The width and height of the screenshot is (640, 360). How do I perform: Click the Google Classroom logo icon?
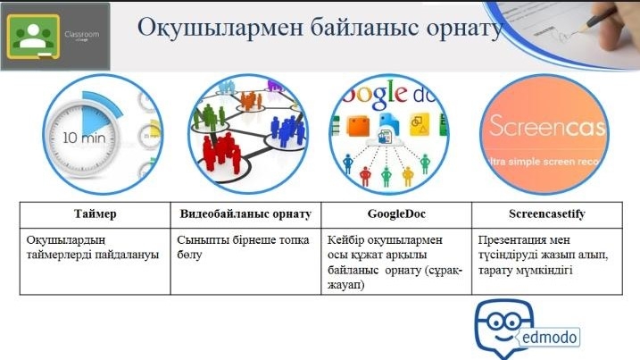point(33,37)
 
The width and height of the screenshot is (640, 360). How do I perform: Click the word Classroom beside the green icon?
point(81,34)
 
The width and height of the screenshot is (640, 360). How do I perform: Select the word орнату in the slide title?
point(464,29)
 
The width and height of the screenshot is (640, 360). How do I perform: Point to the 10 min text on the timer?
point(84,138)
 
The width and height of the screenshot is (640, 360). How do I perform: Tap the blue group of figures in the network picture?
point(287,130)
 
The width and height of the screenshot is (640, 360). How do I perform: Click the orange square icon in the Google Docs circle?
point(358,126)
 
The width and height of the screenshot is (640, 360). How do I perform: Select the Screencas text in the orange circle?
point(547,125)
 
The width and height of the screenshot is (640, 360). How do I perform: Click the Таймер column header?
point(96,214)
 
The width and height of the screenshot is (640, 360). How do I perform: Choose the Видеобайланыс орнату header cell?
point(245,214)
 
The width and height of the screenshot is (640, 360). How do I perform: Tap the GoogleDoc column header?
point(396,213)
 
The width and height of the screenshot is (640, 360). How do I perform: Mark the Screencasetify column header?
point(547,213)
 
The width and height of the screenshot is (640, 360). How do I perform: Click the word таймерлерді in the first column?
point(59,255)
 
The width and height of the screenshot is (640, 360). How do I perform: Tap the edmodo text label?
point(549,338)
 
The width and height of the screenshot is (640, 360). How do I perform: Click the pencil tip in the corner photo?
point(581,30)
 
